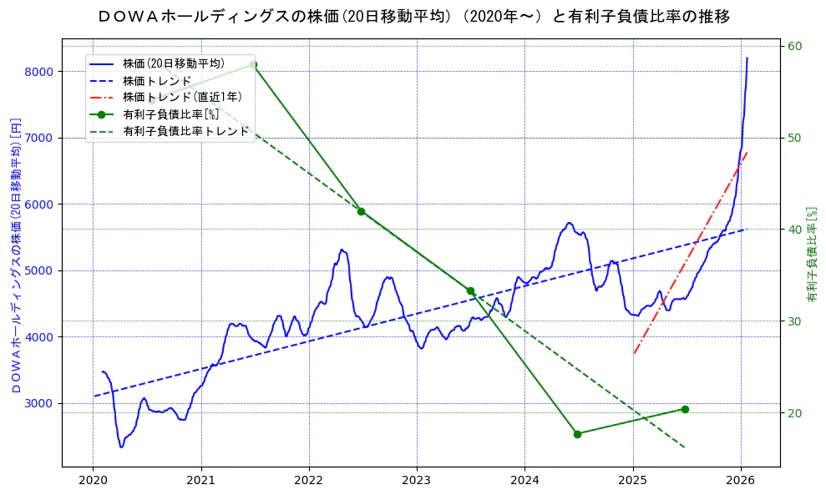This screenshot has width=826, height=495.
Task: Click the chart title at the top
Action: pyautogui.click(x=413, y=16)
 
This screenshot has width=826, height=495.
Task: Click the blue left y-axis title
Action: pyautogui.click(x=16, y=255)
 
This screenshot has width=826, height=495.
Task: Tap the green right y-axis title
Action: pyautogui.click(x=811, y=255)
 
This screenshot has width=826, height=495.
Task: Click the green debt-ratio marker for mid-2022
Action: pyautogui.click(x=361, y=211)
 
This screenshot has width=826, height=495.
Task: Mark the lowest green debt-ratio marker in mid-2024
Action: pyautogui.click(x=577, y=434)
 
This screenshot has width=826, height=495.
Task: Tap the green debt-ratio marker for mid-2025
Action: pyautogui.click(x=685, y=409)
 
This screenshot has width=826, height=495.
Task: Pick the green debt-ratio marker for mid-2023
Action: pyautogui.click(x=470, y=291)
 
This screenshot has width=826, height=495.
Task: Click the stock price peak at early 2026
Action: pyautogui.click(x=747, y=58)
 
